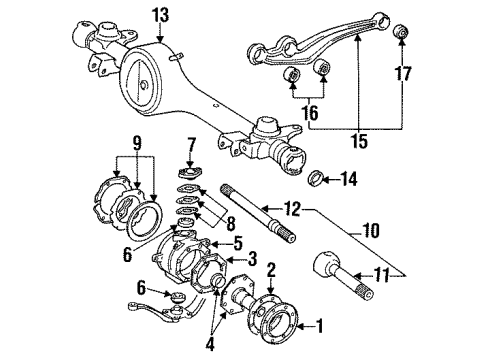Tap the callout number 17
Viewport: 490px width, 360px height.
tap(403, 72)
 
